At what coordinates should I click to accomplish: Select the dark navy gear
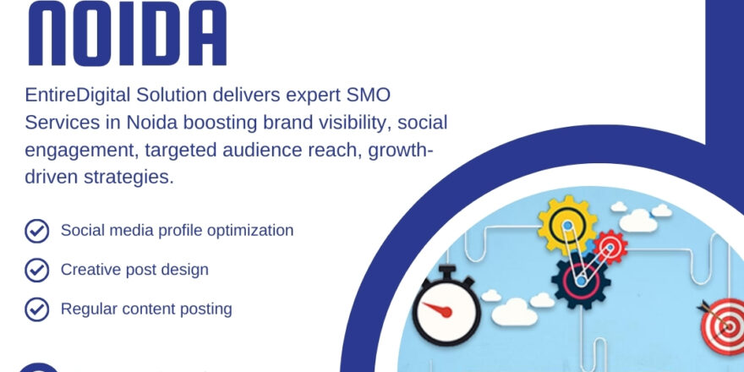(581, 279)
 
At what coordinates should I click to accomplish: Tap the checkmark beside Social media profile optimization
(36, 231)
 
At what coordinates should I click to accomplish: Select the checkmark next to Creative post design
(36, 270)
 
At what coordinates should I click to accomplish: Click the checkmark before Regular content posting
(36, 309)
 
